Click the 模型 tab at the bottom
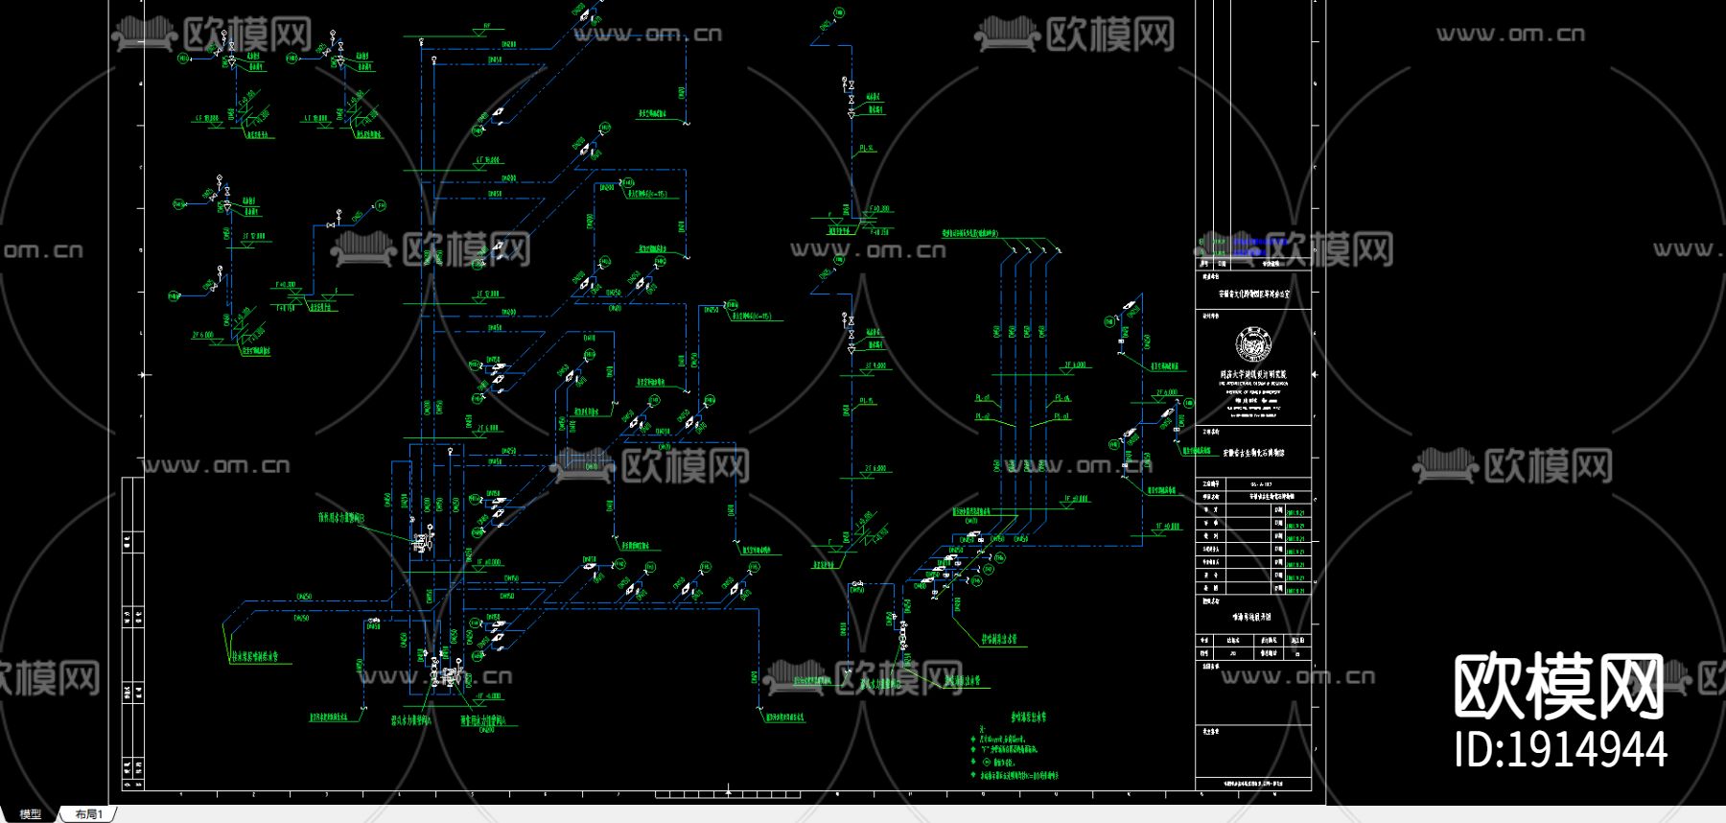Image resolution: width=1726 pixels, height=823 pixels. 30,814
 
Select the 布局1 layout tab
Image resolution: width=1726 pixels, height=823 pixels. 88,814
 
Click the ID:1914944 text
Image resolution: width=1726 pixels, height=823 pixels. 1560,749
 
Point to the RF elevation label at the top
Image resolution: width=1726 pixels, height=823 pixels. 487,27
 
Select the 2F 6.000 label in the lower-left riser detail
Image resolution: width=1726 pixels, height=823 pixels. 203,336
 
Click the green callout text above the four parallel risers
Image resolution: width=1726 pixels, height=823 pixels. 969,233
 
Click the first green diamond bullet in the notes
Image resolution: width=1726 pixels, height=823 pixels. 973,740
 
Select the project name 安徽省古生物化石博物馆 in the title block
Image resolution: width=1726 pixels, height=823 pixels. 1253,452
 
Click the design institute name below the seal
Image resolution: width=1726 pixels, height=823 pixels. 1253,374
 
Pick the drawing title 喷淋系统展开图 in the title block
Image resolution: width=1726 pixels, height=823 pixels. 1253,617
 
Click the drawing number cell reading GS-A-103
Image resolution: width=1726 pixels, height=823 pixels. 1262,485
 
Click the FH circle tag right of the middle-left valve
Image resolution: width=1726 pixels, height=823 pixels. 381,205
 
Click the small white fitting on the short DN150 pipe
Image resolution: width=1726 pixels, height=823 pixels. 857,583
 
